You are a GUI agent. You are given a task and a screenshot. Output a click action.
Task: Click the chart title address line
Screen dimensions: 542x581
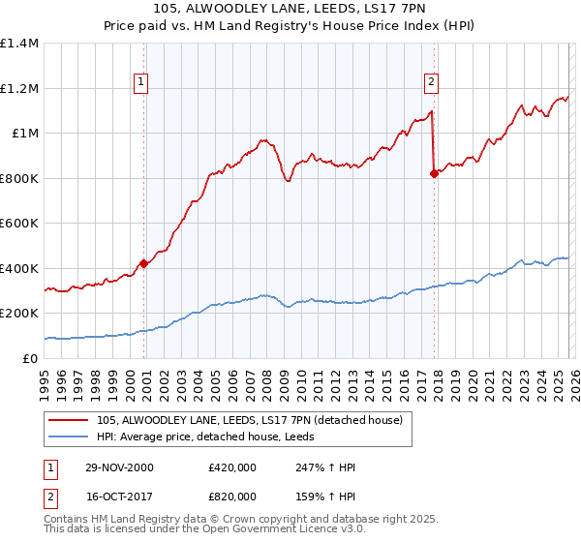[290, 10]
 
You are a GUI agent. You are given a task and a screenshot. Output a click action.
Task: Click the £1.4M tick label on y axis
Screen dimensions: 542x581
[19, 44]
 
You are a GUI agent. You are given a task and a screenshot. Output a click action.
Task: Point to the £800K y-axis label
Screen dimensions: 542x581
[19, 178]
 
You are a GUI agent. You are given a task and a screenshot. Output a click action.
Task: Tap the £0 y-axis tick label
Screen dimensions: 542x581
[31, 358]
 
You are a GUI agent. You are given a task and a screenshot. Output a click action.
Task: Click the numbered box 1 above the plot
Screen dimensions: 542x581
[141, 83]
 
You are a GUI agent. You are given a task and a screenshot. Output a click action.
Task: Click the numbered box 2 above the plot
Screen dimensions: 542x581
[431, 83]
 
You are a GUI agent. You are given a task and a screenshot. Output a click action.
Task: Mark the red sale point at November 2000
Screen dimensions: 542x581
[144, 262]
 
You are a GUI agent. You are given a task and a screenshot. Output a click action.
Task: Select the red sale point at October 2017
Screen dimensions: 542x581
[433, 173]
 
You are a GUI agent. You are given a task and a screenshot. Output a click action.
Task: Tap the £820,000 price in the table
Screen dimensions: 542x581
[231, 495]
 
